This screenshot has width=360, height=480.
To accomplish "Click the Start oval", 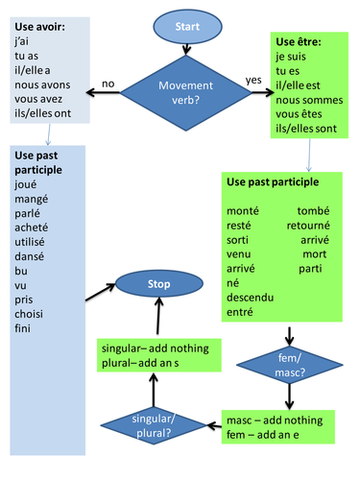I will pos(180,28).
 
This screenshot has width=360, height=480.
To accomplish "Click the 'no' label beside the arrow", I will pos(108,84).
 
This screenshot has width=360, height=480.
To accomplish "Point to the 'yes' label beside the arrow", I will pos(254,79).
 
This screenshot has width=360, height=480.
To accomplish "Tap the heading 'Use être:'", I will pos(298,42).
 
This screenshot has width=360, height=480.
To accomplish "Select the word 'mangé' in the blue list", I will pos(35,199).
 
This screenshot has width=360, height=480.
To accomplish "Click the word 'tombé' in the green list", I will pos(313,210).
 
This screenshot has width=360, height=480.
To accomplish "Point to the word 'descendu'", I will pos(250,297).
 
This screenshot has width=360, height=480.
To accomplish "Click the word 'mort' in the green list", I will pos(314,253).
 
